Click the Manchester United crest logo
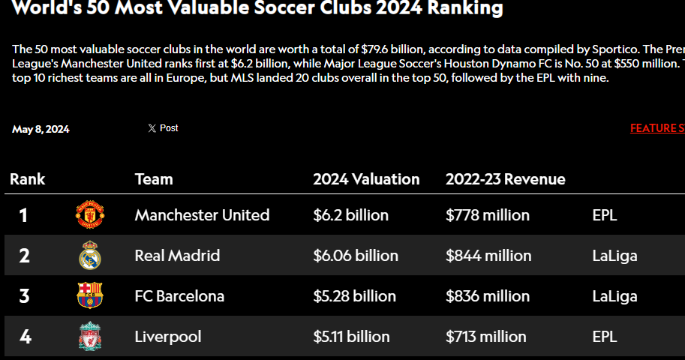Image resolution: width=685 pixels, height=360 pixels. coord(89,215)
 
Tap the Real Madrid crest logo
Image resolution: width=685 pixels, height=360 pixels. coord(89,256)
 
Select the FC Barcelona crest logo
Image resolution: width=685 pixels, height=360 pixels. coord(89,295)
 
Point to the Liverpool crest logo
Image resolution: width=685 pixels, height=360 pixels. coord(89,336)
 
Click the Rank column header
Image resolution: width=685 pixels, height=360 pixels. coord(28,179)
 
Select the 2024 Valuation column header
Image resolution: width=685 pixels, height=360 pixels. coord(366,179)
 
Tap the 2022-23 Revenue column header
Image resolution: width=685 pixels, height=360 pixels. coord(505,179)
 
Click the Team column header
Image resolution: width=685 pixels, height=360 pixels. coord(154,179)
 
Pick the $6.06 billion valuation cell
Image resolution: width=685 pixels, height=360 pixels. coord(355,256)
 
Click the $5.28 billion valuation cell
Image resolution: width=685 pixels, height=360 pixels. coord(355,296)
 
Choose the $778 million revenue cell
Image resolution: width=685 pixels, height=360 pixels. coord(488,215)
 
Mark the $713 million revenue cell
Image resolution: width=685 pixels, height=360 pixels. coord(485,337)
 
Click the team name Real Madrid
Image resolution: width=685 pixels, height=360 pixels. coord(177,256)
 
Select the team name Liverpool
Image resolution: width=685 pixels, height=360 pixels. coord(168,337)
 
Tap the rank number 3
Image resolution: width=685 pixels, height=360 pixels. coord(24,296)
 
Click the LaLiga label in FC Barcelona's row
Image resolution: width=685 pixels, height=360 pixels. coord(614,296)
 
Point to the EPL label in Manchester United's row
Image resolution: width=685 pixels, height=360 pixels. coord(605,215)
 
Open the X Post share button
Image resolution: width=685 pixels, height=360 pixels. coord(163,128)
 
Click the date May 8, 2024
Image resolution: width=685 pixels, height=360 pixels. coord(41,129)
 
